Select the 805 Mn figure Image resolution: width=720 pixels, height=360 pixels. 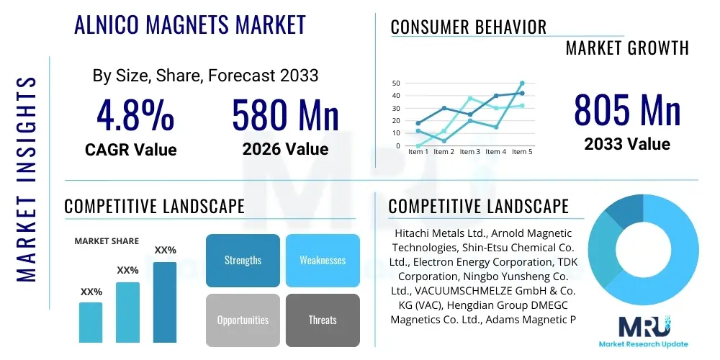pyautogui.click(x=626, y=110)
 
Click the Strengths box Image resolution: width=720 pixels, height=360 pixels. pyautogui.click(x=243, y=260)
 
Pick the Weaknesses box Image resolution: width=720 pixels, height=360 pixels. pyautogui.click(x=323, y=260)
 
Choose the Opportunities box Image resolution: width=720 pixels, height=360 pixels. pyautogui.click(x=243, y=320)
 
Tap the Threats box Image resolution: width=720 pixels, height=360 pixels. pyautogui.click(x=323, y=320)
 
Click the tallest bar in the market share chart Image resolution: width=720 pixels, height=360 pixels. pyautogui.click(x=165, y=302)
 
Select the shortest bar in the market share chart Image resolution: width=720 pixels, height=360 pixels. pyautogui.click(x=91, y=322)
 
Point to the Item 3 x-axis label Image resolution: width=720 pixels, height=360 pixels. pyautogui.click(x=469, y=152)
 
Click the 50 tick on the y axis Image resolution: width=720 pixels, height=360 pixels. pyautogui.click(x=396, y=84)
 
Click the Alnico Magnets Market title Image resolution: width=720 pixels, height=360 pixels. pyautogui.click(x=190, y=25)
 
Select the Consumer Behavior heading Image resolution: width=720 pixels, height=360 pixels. pyautogui.click(x=468, y=27)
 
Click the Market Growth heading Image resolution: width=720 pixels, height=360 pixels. pyautogui.click(x=627, y=48)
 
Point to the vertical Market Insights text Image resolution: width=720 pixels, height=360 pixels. pyautogui.click(x=27, y=176)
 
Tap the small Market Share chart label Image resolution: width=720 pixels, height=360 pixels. pyautogui.click(x=107, y=241)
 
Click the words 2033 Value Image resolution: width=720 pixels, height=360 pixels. pyautogui.click(x=626, y=144)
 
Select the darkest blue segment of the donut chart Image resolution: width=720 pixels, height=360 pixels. pyautogui.click(x=624, y=212)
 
